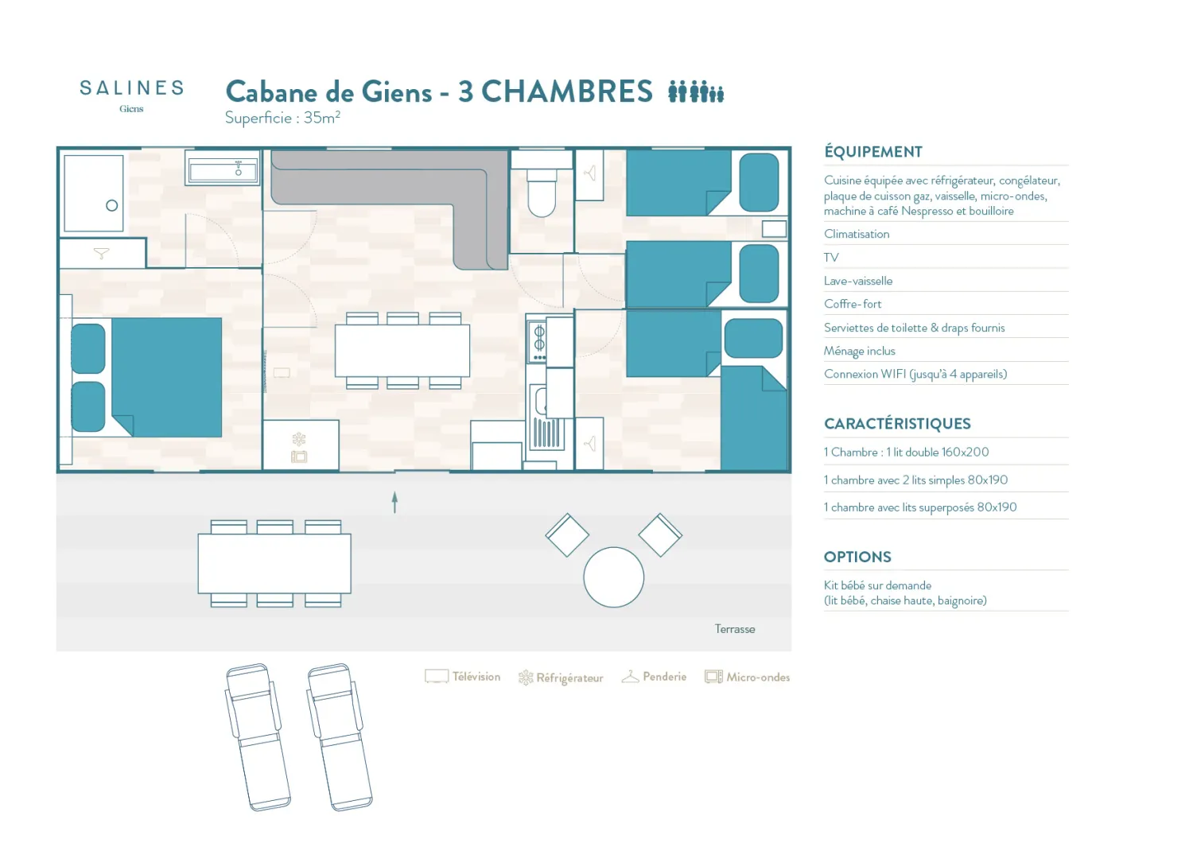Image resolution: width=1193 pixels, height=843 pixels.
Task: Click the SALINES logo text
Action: (131, 87)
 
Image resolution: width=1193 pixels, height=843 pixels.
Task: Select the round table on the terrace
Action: (613, 577)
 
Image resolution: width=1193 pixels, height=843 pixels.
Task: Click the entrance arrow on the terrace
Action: (394, 502)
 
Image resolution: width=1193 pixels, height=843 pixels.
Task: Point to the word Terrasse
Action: (734, 629)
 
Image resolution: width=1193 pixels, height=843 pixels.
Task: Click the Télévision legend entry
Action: (462, 676)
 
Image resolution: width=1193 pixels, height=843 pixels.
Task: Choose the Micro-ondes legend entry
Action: (747, 677)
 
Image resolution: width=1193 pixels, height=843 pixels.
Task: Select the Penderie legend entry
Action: (654, 676)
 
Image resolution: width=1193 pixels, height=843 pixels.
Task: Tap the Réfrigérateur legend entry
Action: (560, 678)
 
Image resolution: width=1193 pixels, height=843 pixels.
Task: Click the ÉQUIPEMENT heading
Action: (873, 152)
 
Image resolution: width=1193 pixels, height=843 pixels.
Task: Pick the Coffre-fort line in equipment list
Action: (852, 304)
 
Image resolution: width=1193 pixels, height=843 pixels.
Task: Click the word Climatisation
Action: (857, 234)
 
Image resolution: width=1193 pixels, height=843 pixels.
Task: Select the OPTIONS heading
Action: (857, 557)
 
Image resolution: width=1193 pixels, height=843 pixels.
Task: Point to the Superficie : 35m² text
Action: (282, 118)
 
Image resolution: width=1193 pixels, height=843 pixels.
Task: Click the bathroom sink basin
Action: (223, 172)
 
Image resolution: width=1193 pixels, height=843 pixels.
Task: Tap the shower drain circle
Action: (112, 205)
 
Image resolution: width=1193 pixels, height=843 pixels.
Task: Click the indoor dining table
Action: (402, 351)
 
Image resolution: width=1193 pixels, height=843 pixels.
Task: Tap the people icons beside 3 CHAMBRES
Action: (696, 91)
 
